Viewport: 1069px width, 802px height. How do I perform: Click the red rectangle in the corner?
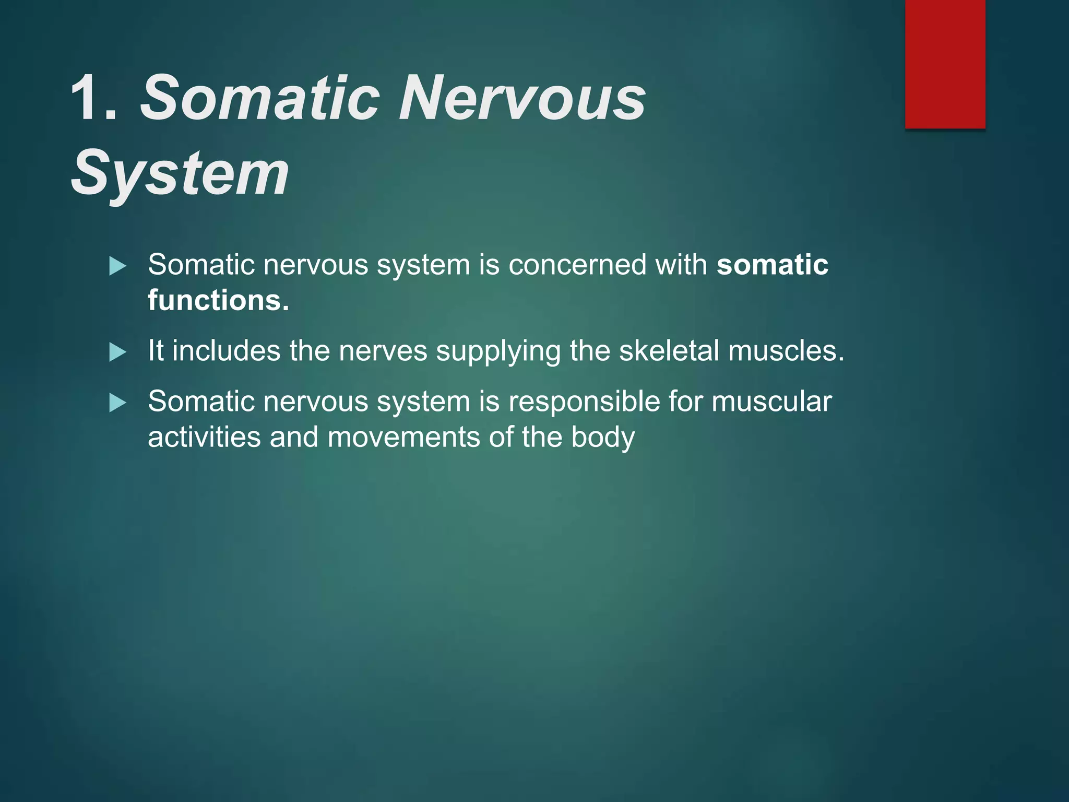click(945, 64)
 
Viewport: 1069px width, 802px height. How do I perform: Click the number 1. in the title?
click(94, 98)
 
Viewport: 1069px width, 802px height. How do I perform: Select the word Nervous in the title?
click(522, 98)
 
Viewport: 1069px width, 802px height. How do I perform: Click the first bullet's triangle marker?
click(118, 266)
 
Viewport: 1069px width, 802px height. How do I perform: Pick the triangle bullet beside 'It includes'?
click(118, 352)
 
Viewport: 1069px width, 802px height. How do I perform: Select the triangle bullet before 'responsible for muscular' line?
click(118, 403)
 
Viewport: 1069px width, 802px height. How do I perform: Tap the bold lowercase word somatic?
click(772, 265)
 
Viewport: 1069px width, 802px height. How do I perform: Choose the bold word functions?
click(218, 301)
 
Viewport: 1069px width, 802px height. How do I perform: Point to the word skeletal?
click(669, 350)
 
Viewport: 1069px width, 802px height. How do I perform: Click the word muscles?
click(786, 350)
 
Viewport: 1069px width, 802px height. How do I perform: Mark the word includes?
click(227, 350)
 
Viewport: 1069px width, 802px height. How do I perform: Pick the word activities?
click(204, 437)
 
